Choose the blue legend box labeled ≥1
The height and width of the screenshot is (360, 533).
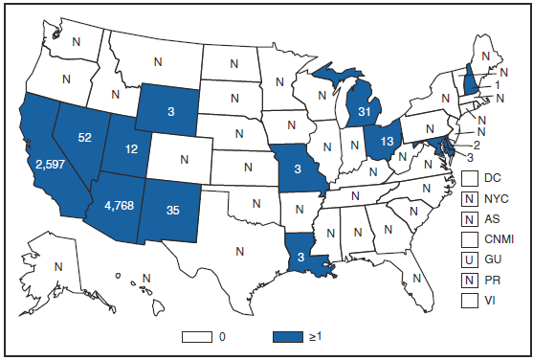click(296, 336)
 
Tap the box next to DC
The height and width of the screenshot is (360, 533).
click(469, 178)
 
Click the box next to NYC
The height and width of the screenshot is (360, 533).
click(469, 199)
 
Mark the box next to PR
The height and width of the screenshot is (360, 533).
click(469, 281)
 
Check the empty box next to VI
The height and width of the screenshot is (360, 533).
click(469, 301)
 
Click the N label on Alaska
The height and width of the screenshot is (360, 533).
click(57, 267)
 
